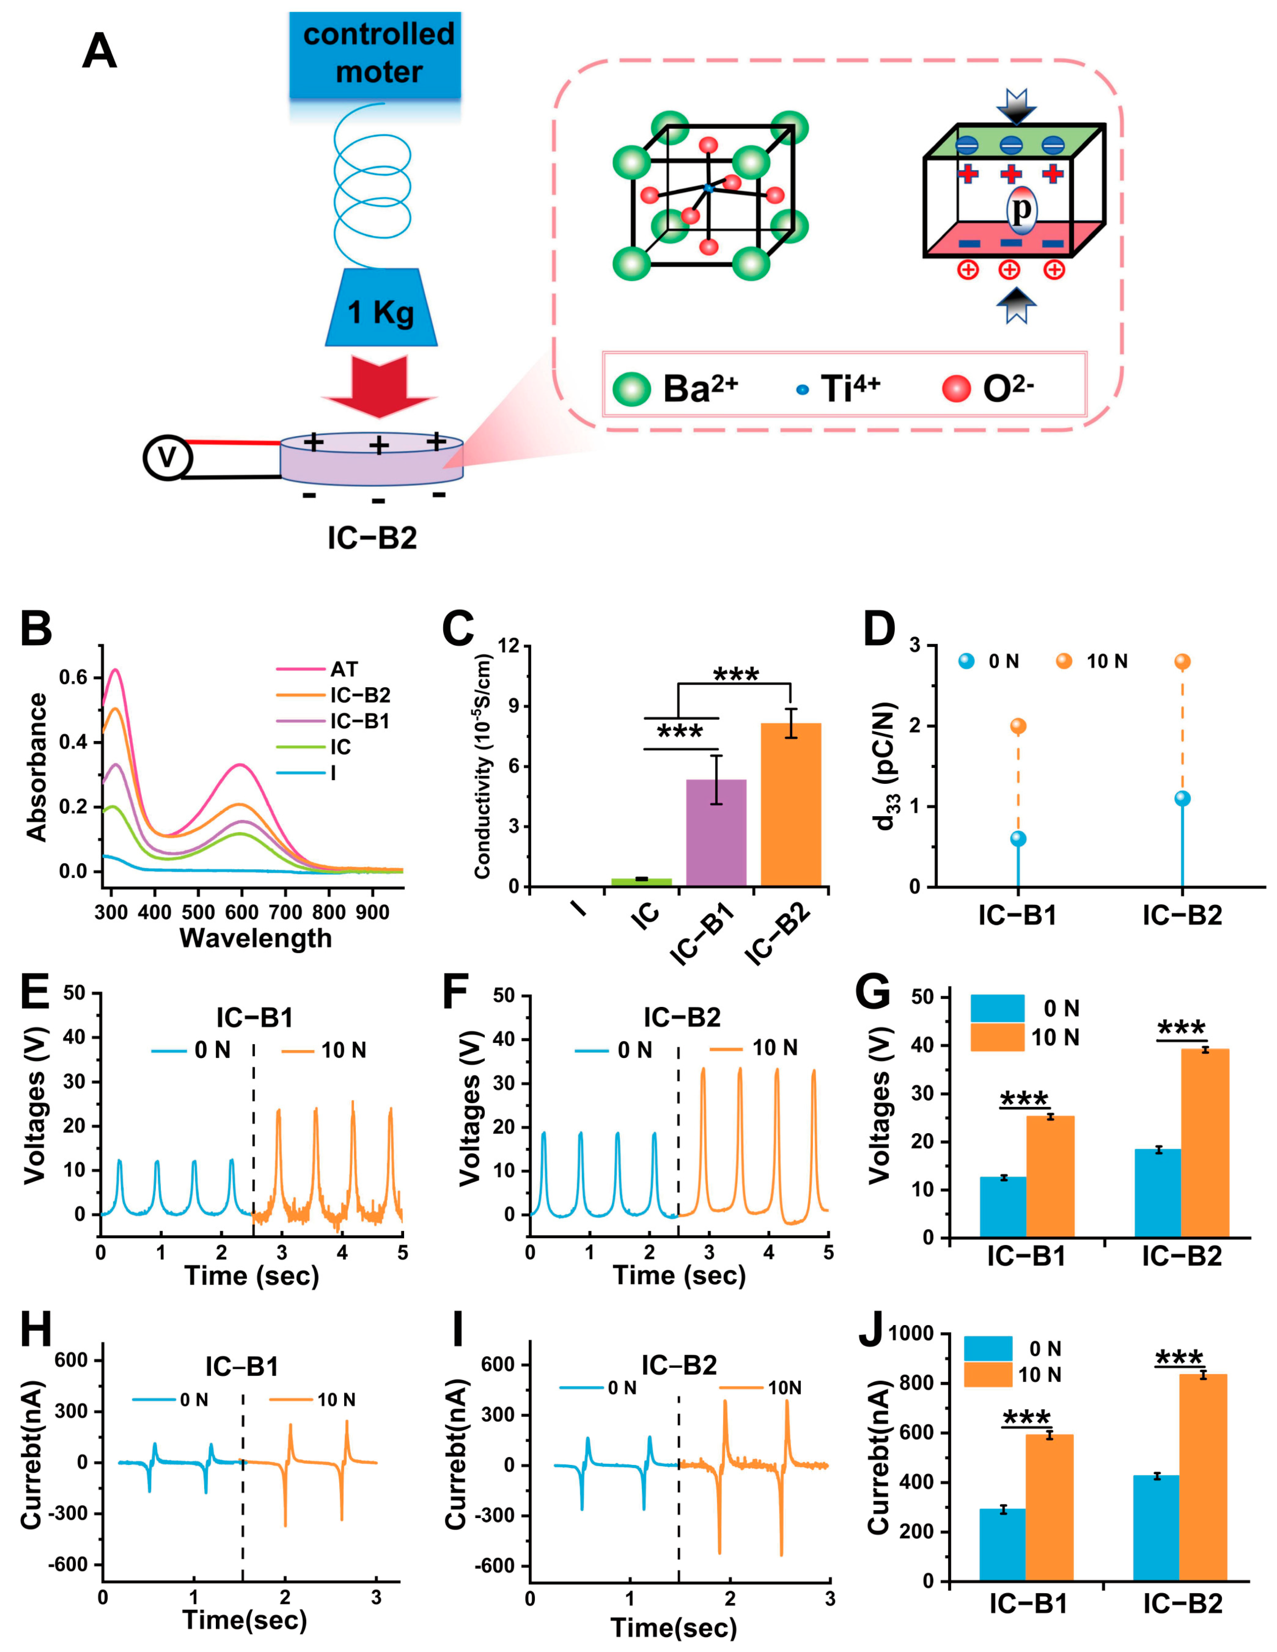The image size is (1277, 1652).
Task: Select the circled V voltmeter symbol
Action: (168, 458)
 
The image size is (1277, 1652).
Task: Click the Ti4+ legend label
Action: (850, 389)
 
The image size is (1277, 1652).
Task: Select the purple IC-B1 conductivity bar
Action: (716, 832)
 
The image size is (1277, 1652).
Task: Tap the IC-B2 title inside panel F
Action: (681, 1017)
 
